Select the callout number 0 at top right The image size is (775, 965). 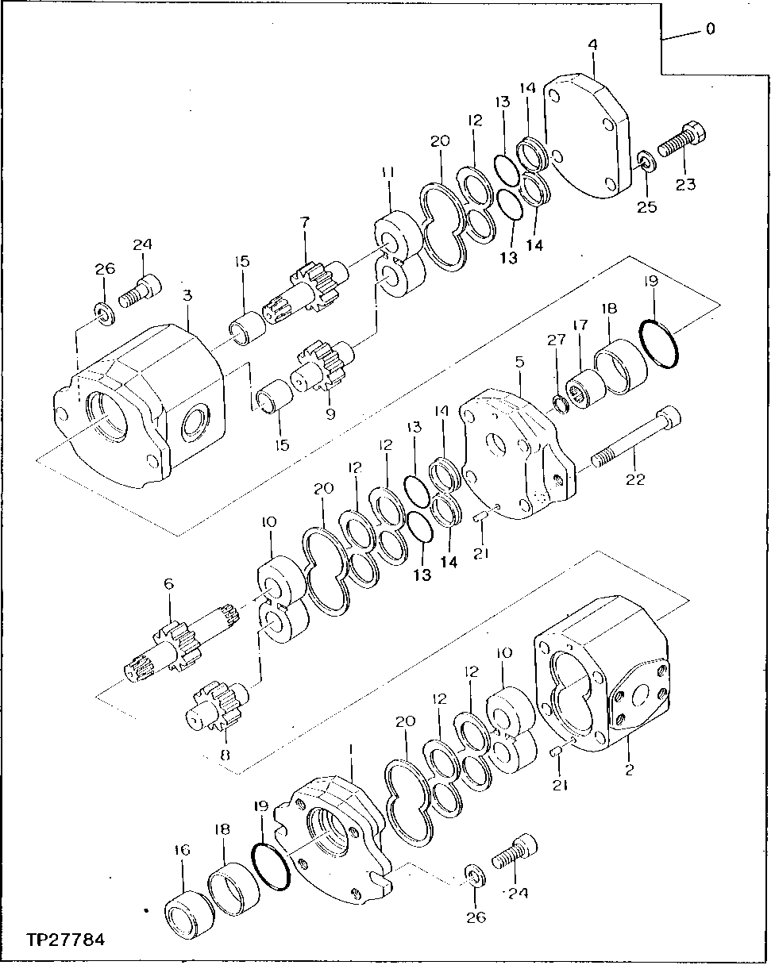pos(709,29)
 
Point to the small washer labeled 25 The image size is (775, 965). pos(645,163)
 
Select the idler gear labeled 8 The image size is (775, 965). pos(218,705)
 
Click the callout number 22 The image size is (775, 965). pos(635,479)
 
